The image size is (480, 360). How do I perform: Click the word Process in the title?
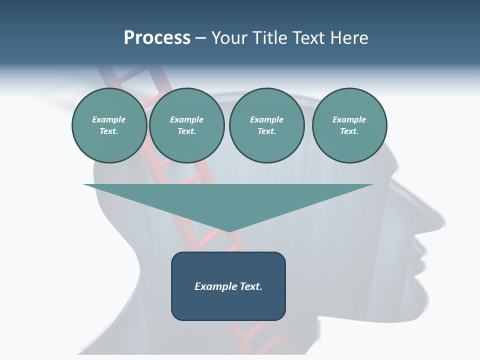[157, 38]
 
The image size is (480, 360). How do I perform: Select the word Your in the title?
[230, 38]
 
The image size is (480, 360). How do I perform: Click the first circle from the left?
[109, 125]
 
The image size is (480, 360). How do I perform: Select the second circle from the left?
[186, 125]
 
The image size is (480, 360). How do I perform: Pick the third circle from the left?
[266, 125]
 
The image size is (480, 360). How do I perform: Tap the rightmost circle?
[349, 125]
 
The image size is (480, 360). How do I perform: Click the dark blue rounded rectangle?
[228, 305]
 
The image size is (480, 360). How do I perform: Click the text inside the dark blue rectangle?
[228, 286]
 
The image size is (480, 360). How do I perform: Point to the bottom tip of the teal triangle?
[229, 231]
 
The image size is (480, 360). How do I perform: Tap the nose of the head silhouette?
[440, 225]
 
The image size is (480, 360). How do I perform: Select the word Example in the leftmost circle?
[109, 119]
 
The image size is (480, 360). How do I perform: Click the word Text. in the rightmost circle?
[349, 131]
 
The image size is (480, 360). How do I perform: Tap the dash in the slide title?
[200, 38]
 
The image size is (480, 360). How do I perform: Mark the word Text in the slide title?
[306, 38]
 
